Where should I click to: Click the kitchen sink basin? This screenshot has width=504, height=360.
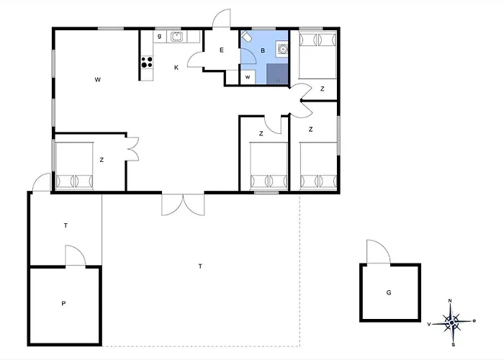point(176,37)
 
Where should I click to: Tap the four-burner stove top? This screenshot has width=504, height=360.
point(147,62)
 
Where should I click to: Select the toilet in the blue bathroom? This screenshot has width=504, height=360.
point(246,36)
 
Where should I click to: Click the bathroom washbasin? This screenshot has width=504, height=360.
point(282,50)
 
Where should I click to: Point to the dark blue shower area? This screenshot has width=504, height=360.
point(277,74)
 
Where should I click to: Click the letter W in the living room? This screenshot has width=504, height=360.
point(98,80)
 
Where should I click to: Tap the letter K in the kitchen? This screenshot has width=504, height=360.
point(176,68)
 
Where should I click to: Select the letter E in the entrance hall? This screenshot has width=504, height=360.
point(222,50)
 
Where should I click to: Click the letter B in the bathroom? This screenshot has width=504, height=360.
point(263,50)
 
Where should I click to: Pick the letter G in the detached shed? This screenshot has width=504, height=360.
point(389,292)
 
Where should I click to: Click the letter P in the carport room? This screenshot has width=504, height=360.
point(63,303)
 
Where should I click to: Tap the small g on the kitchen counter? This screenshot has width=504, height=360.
point(159,36)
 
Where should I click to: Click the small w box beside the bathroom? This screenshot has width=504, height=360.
point(248,77)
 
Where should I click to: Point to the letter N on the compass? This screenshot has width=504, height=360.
point(450,301)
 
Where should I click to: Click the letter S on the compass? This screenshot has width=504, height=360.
point(453,345)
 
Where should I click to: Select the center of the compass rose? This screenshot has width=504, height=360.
point(452,323)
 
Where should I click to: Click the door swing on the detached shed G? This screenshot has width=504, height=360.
point(379,252)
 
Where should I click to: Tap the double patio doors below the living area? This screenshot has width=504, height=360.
point(183,204)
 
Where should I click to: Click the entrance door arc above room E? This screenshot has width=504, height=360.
point(222,18)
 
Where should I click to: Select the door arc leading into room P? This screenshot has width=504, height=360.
point(76,256)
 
